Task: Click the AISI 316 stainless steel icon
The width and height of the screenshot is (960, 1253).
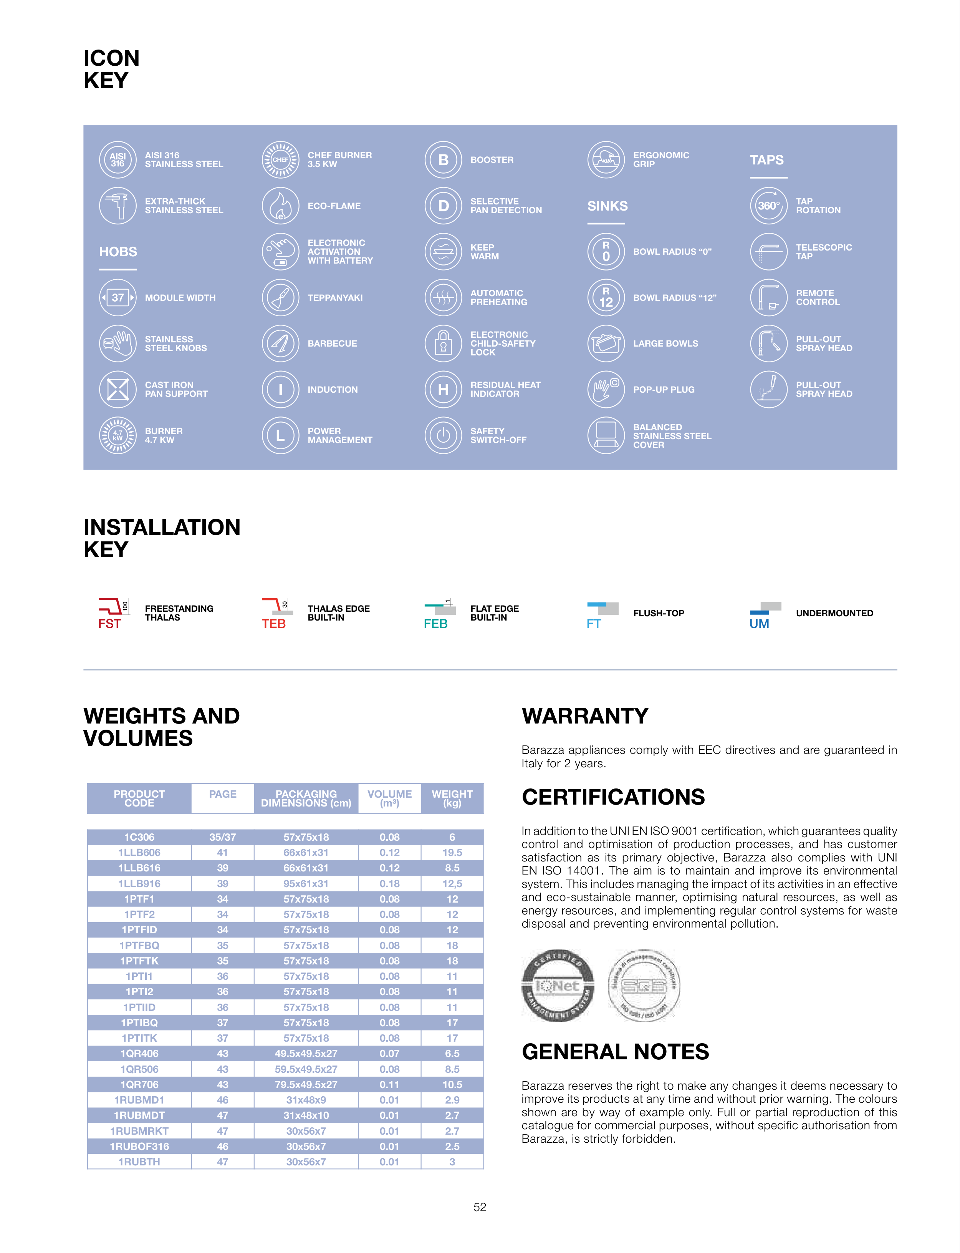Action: pyautogui.click(x=118, y=159)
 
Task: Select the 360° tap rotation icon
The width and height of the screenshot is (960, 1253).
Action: pyautogui.click(x=768, y=206)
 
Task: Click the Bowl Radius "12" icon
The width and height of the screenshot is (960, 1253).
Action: pyautogui.click(x=606, y=297)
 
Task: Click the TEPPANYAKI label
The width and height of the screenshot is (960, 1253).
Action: pyautogui.click(x=335, y=298)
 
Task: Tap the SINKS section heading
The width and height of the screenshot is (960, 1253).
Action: pyautogui.click(x=607, y=206)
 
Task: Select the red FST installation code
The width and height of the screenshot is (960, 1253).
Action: pyautogui.click(x=109, y=624)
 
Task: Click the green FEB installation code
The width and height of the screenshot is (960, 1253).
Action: pyautogui.click(x=435, y=624)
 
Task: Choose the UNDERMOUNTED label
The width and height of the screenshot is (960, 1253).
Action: pyautogui.click(x=834, y=613)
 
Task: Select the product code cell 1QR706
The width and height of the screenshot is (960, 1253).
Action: pyautogui.click(x=139, y=1084)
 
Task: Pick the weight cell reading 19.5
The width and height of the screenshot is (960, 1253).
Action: pyautogui.click(x=452, y=852)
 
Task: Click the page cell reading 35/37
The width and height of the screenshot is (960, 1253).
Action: pyautogui.click(x=222, y=837)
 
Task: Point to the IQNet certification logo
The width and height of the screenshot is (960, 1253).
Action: pyautogui.click(x=558, y=986)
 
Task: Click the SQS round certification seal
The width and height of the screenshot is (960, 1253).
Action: pyautogui.click(x=644, y=986)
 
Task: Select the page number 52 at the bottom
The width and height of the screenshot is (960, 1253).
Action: pyautogui.click(x=480, y=1207)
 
